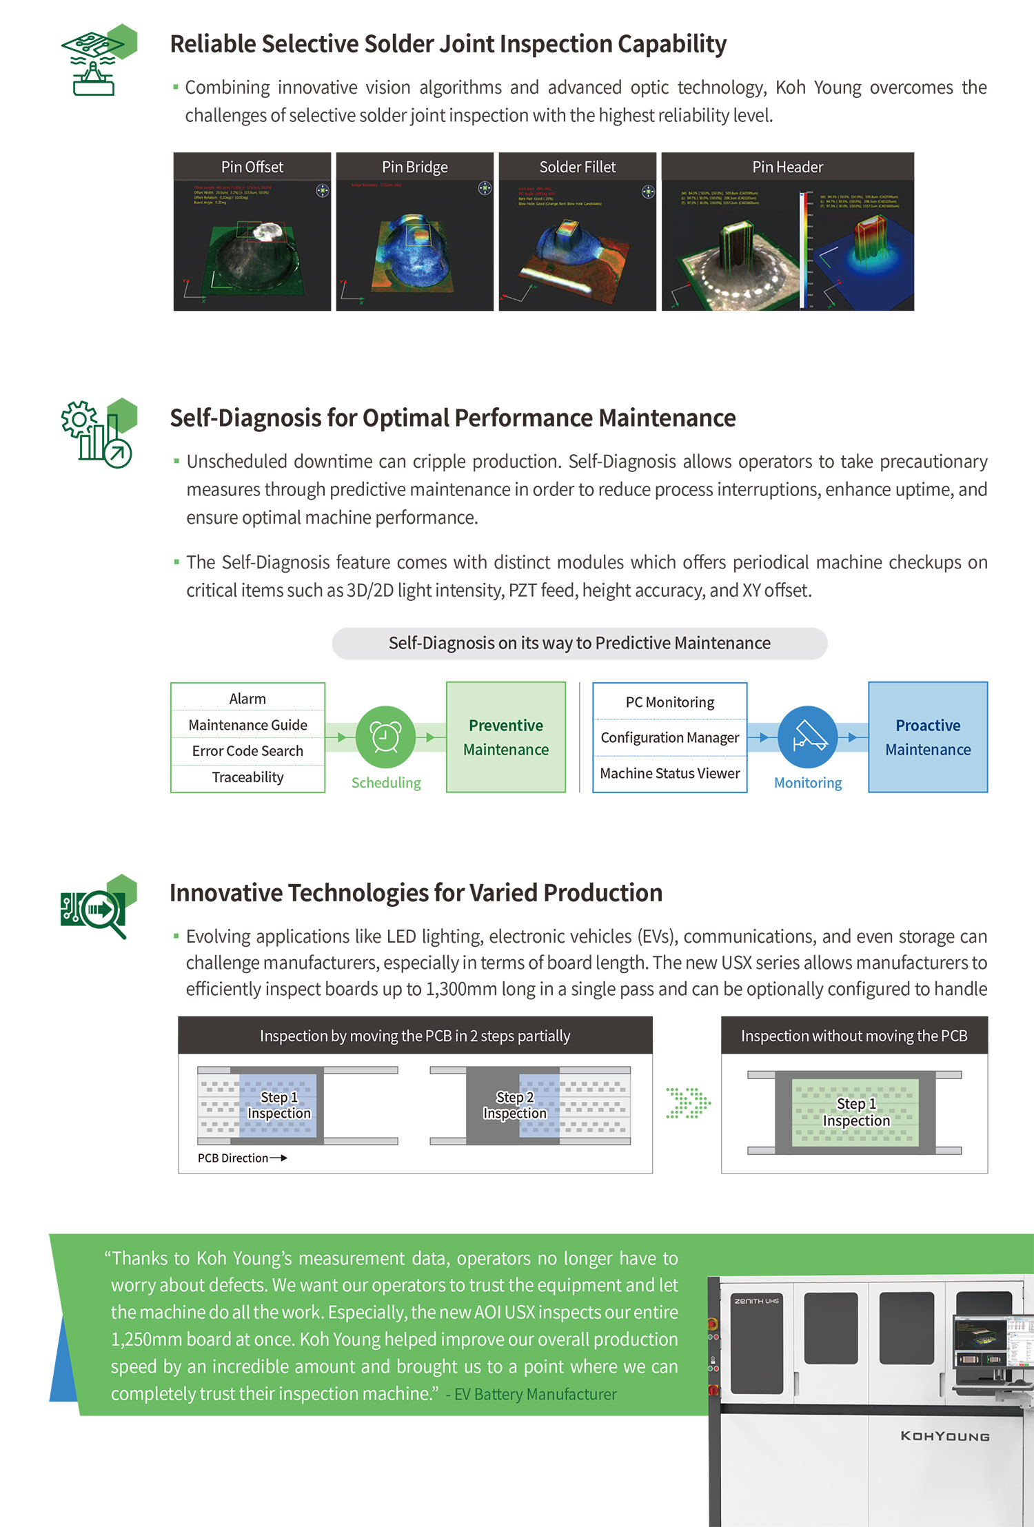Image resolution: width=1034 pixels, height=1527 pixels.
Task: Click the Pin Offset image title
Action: coord(252,167)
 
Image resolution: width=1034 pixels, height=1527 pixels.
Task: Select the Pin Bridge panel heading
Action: coord(414,167)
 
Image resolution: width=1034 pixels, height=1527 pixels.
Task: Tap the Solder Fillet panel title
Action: coord(577,167)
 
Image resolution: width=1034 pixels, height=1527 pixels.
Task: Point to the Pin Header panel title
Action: coord(787,167)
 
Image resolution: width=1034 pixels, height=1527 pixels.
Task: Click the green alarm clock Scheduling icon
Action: coord(385,737)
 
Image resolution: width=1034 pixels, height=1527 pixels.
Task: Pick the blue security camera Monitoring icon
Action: coord(807,737)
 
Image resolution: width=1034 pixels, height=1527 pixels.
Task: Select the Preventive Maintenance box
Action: coord(506,737)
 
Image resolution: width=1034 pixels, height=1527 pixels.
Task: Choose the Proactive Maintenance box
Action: coord(928,737)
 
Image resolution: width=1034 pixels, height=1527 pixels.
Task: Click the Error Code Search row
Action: coord(247,751)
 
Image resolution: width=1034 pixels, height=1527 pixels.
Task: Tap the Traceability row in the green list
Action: coord(247,777)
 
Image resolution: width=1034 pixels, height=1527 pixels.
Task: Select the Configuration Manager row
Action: coord(669,737)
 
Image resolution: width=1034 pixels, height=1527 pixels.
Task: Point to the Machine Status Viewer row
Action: coord(669,773)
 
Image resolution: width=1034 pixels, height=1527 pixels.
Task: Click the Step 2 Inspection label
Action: coord(514,1105)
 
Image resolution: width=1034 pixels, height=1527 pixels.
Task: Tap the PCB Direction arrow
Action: coord(278,1158)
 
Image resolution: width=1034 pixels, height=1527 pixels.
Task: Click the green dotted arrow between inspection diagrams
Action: coord(687,1103)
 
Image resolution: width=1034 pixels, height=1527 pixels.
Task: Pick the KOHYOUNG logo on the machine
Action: coord(944,1437)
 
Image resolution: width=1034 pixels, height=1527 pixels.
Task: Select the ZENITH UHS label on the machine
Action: coord(756,1301)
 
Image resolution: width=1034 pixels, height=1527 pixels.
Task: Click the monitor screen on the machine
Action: coord(993,1340)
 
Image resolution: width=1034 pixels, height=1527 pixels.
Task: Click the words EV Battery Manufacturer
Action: coord(535,1394)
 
